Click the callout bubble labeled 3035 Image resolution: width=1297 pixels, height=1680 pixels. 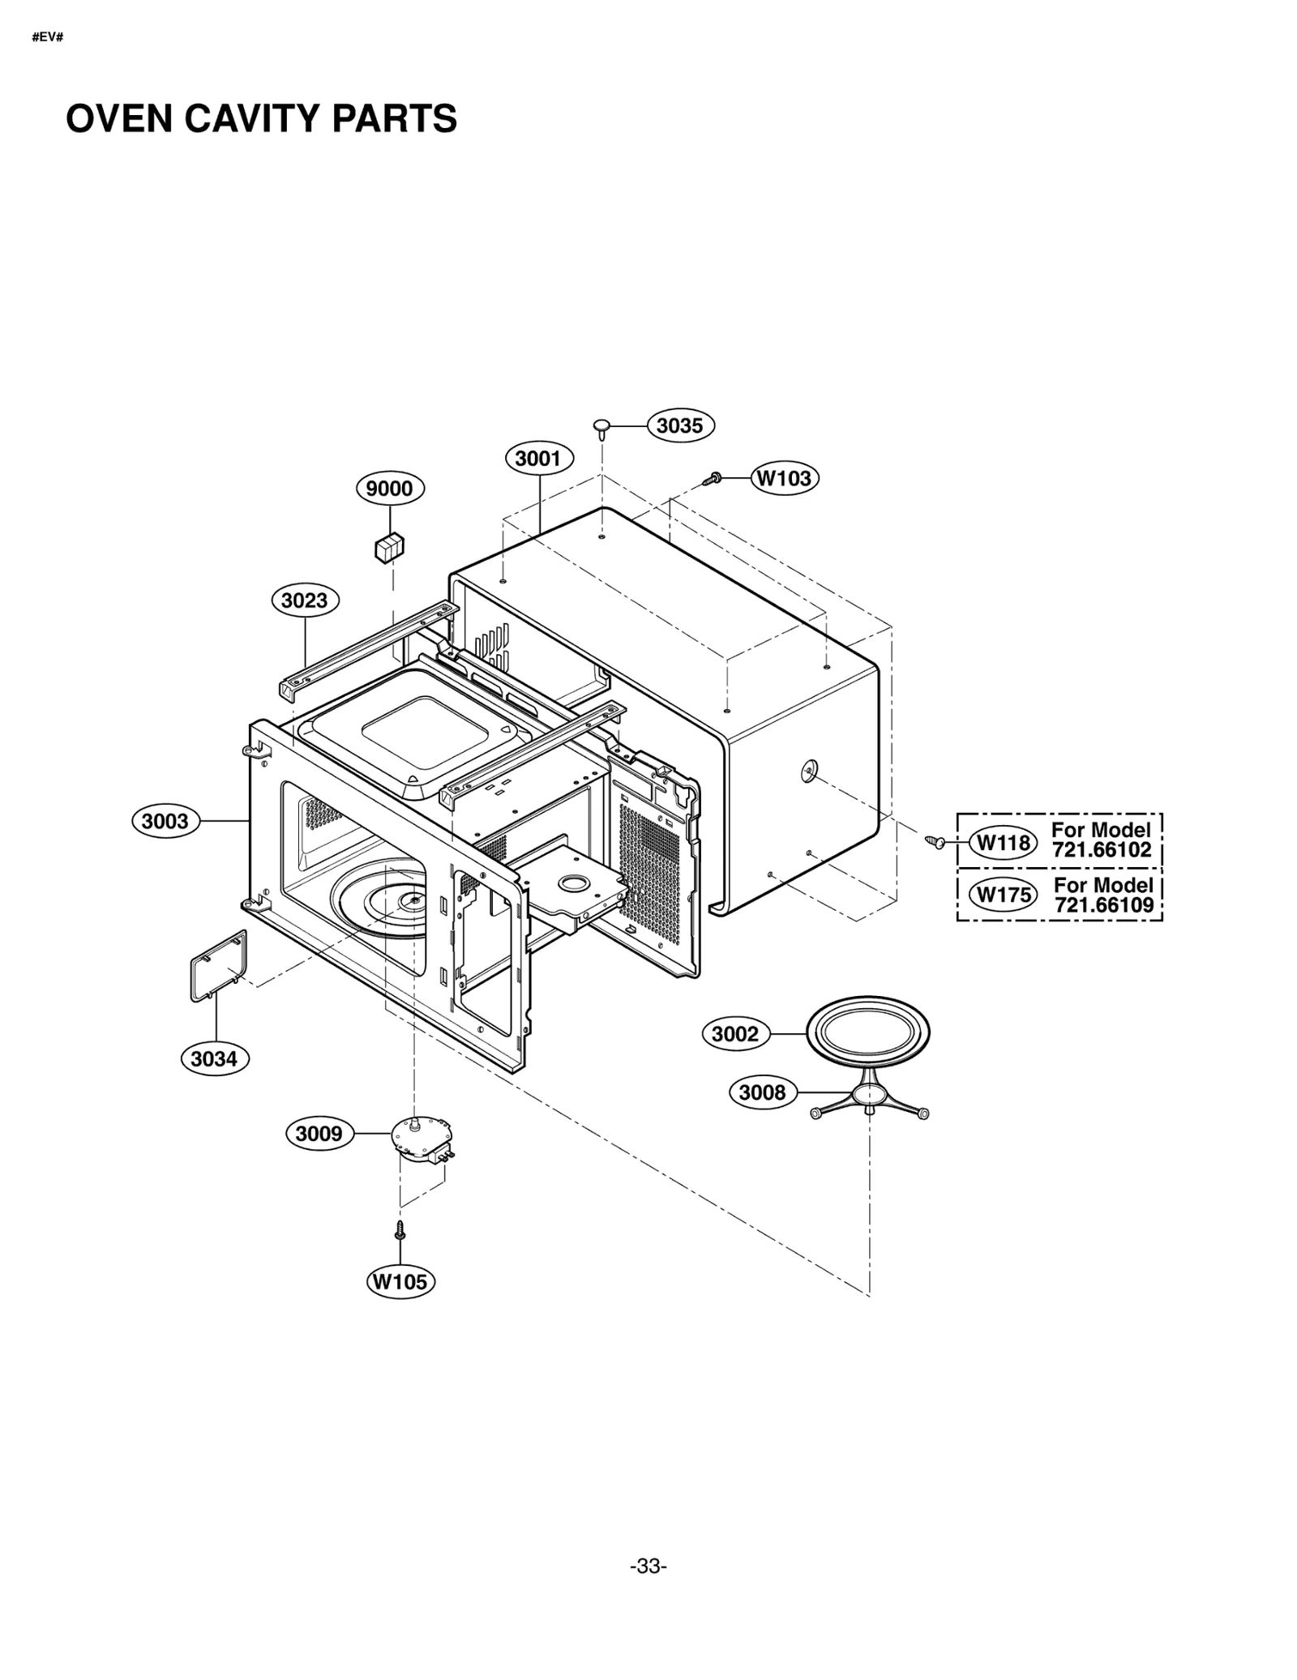pos(679,425)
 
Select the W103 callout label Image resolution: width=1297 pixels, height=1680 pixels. pos(784,478)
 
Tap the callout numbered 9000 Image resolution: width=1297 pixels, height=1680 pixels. pos(390,489)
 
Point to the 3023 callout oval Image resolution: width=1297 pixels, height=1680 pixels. pos(305,601)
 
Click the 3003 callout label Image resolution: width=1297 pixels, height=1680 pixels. pos(165,821)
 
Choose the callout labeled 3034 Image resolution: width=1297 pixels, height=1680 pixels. pos(214,1058)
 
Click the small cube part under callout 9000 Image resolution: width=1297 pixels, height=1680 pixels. pos(389,548)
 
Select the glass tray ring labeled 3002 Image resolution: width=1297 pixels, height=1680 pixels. pos(867,1032)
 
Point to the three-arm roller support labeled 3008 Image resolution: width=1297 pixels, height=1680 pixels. pos(869,1099)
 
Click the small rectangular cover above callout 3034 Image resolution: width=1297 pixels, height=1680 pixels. pos(218,967)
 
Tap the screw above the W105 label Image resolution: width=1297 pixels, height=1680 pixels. pos(400,1230)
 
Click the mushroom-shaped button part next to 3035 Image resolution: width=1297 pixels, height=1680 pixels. pos(601,426)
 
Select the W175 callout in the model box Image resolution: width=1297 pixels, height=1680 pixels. pos(1004,895)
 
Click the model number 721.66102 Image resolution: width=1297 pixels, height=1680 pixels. pos(1102,850)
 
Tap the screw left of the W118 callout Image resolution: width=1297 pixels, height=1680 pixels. pos(935,843)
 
